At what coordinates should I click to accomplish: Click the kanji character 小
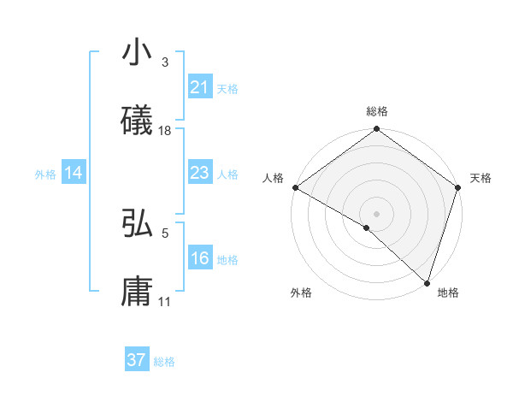tap(138, 54)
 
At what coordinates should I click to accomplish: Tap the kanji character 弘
tap(138, 224)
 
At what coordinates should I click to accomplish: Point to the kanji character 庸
tap(138, 291)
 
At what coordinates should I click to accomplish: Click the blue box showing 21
tap(199, 88)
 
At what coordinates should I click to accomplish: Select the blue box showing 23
tap(199, 174)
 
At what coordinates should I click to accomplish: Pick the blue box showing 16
tap(199, 259)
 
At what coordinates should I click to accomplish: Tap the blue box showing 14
tap(74, 174)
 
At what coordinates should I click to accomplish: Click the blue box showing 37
tap(136, 360)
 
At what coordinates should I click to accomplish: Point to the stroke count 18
tap(165, 131)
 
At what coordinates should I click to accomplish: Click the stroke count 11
tap(165, 301)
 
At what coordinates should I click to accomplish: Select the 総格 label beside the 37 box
tap(164, 362)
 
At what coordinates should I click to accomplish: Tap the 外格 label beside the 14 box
tap(45, 174)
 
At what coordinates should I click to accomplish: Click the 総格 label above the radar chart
tap(377, 111)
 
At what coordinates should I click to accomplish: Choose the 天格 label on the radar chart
tap(481, 178)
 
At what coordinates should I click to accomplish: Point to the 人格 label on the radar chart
tap(273, 178)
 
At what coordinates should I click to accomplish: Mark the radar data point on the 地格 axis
tap(427, 283)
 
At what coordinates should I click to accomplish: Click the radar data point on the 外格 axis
tap(367, 228)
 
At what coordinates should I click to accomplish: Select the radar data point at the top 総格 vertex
tap(377, 129)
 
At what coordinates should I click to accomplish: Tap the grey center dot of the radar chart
tap(377, 213)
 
